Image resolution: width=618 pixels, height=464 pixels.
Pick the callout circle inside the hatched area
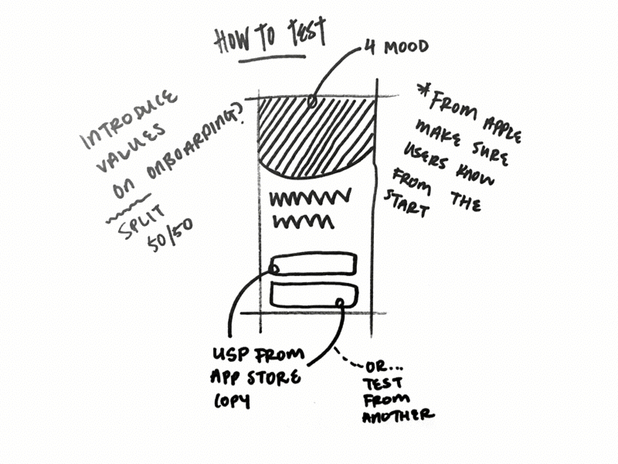pos(311,101)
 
